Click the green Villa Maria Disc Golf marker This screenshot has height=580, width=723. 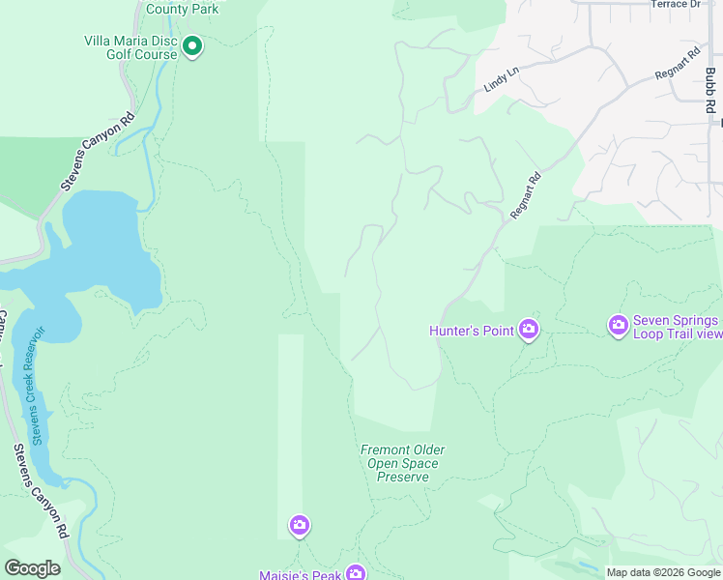point(192,45)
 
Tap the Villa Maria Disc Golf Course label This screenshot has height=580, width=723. point(130,47)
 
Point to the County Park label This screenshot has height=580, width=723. point(183,9)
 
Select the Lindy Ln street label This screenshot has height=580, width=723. point(502,79)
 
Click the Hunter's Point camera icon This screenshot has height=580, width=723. point(528,330)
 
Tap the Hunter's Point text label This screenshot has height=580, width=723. point(472,331)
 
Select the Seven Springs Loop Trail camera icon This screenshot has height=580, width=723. point(619,327)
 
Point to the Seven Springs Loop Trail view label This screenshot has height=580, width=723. point(677,328)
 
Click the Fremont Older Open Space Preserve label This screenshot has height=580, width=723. point(403,463)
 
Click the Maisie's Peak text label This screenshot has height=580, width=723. point(301,575)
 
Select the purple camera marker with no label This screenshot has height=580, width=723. point(300,526)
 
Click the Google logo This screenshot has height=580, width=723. point(32,568)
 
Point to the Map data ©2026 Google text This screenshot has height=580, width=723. point(663,572)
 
